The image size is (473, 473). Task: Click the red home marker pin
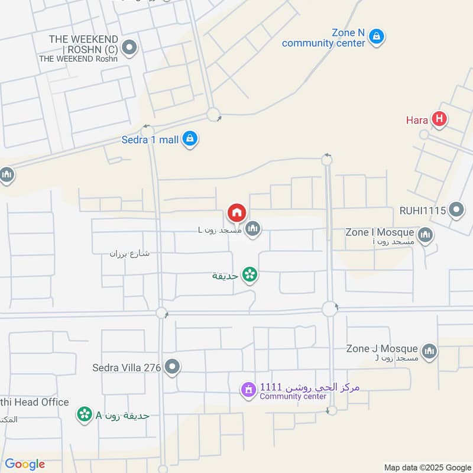[237, 212]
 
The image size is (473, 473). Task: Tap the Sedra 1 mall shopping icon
[190, 140]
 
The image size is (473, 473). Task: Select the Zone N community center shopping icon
[376, 37]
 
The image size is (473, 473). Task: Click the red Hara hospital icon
[439, 120]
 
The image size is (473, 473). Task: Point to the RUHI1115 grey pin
[456, 210]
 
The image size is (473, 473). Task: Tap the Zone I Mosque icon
[425, 236]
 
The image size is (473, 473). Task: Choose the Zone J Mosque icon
[429, 351]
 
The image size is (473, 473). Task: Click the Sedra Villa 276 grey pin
[172, 367]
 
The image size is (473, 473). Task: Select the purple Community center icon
[247, 390]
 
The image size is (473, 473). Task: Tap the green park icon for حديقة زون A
[85, 414]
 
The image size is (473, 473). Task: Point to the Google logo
[25, 464]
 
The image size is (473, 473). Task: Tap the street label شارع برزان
[129, 254]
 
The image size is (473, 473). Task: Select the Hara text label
[417, 120]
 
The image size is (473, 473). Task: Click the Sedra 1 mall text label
[150, 140]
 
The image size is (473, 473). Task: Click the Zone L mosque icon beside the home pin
[253, 228]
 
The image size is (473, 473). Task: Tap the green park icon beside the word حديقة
[250, 274]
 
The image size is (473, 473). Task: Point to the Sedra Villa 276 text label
[127, 368]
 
